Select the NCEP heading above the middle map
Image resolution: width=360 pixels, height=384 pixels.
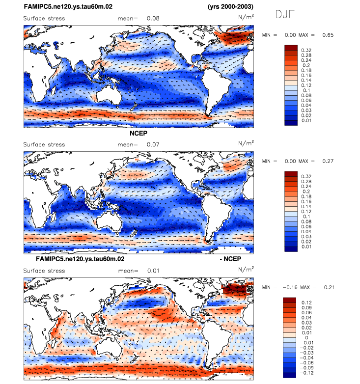coord(139,133)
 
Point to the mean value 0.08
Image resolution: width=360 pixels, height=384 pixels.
coord(152,19)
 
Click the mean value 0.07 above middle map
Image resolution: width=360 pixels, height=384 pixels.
coord(152,144)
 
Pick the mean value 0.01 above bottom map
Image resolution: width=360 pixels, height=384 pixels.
coord(152,271)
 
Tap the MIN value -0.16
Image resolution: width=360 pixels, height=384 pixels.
coord(287,287)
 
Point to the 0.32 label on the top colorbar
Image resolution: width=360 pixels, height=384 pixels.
coord(306,51)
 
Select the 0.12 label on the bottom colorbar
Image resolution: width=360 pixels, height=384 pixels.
coord(306,302)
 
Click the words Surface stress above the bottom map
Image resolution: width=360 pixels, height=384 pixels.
coord(44,271)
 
